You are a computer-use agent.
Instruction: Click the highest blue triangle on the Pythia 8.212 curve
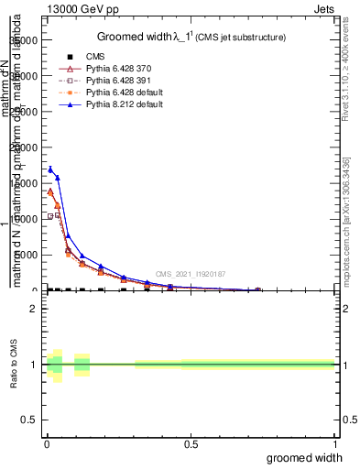click(50, 169)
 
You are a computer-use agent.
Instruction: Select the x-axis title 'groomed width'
click(305, 457)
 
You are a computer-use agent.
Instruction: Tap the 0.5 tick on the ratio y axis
click(29, 420)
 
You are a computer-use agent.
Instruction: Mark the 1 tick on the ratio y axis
click(33, 365)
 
